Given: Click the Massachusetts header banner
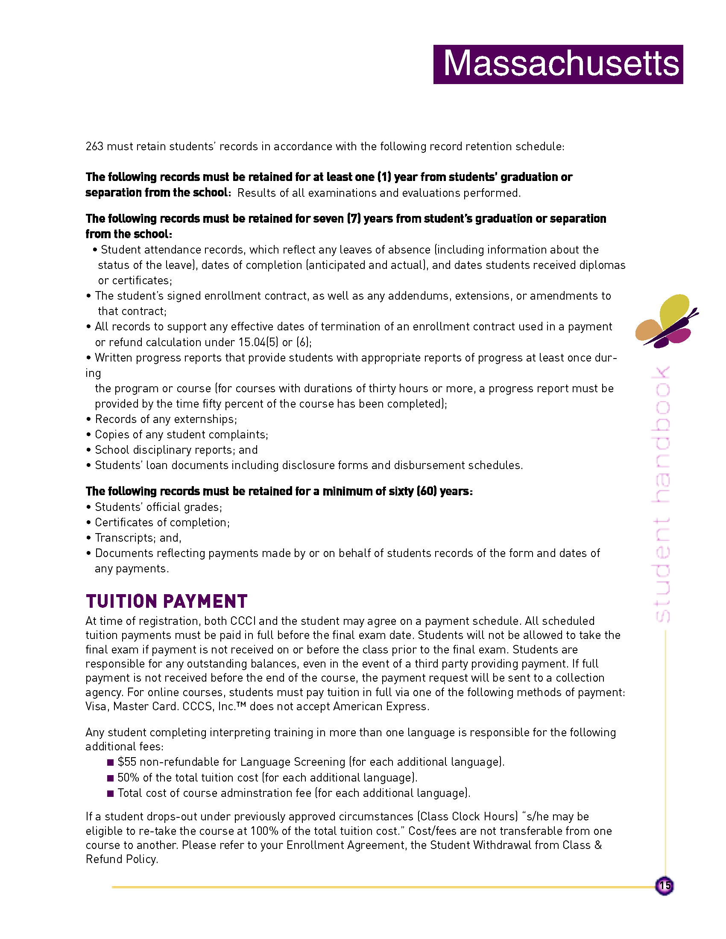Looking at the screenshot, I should pyautogui.click(x=558, y=64).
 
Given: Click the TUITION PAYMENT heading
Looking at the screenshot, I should pyautogui.click(x=167, y=601).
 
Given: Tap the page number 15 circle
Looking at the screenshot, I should pyautogui.click(x=665, y=886).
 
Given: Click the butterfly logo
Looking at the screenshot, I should pyautogui.click(x=666, y=321).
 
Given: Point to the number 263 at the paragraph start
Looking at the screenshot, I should pyautogui.click(x=94, y=146).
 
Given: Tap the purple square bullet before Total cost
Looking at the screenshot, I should pyautogui.click(x=111, y=793).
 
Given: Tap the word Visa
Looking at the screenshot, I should pyautogui.click(x=96, y=706).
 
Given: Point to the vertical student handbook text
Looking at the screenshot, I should pyautogui.click(x=661, y=494).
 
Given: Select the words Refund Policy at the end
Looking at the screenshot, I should pyautogui.click(x=121, y=859).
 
